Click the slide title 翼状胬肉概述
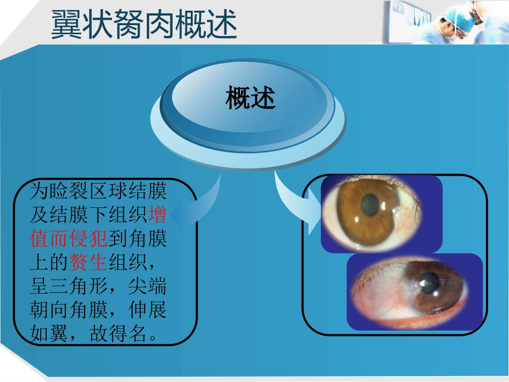tap(144, 25)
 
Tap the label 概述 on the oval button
tap(250, 99)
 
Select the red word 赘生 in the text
tap(88, 263)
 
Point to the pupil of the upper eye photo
tap(369, 205)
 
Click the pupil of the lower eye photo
tap(429, 283)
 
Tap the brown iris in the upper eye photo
tap(354, 214)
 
